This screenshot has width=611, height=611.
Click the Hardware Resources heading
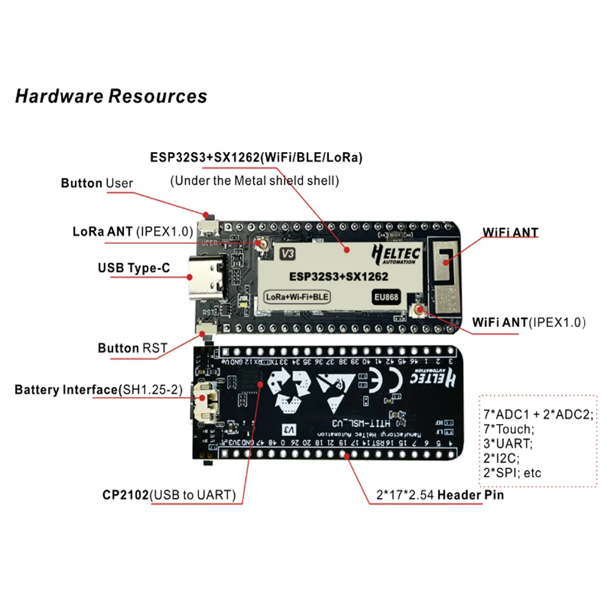(111, 96)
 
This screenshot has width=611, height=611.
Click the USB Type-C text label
(133, 268)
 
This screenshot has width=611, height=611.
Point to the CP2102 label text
(125, 495)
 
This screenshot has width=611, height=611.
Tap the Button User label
(97, 183)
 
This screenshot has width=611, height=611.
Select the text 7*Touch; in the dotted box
(508, 429)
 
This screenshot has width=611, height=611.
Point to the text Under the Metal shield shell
(254, 180)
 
